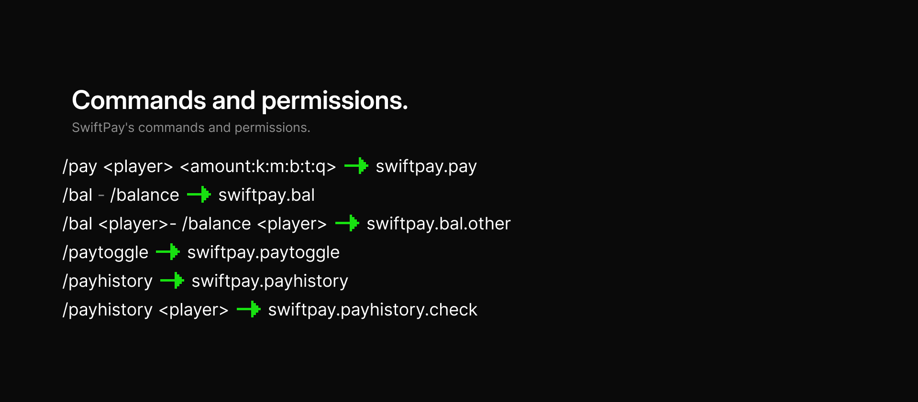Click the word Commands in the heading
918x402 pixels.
coord(139,100)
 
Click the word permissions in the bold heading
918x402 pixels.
coord(334,100)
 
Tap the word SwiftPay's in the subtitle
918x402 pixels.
coord(103,128)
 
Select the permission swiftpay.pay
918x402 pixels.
coord(426,166)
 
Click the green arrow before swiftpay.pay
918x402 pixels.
coord(356,166)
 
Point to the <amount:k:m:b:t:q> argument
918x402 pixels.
coord(258,166)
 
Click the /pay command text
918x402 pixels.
coord(80,166)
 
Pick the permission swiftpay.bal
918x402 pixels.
coord(266,195)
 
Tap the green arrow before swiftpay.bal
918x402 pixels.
coord(199,195)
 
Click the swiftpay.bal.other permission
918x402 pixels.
coord(438,224)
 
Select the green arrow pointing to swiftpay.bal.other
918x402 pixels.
coord(347,223)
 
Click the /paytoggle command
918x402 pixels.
coord(106,252)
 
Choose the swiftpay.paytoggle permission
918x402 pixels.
coord(263,252)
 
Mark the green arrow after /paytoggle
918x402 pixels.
coord(168,252)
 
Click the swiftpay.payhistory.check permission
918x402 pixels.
coord(372,310)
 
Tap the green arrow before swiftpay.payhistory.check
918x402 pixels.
coord(249,309)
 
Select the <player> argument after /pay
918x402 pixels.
coord(138,166)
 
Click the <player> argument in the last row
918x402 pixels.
coord(194,310)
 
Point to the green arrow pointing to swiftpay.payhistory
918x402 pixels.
coord(172,281)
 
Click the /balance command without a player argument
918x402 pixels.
coord(145,195)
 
